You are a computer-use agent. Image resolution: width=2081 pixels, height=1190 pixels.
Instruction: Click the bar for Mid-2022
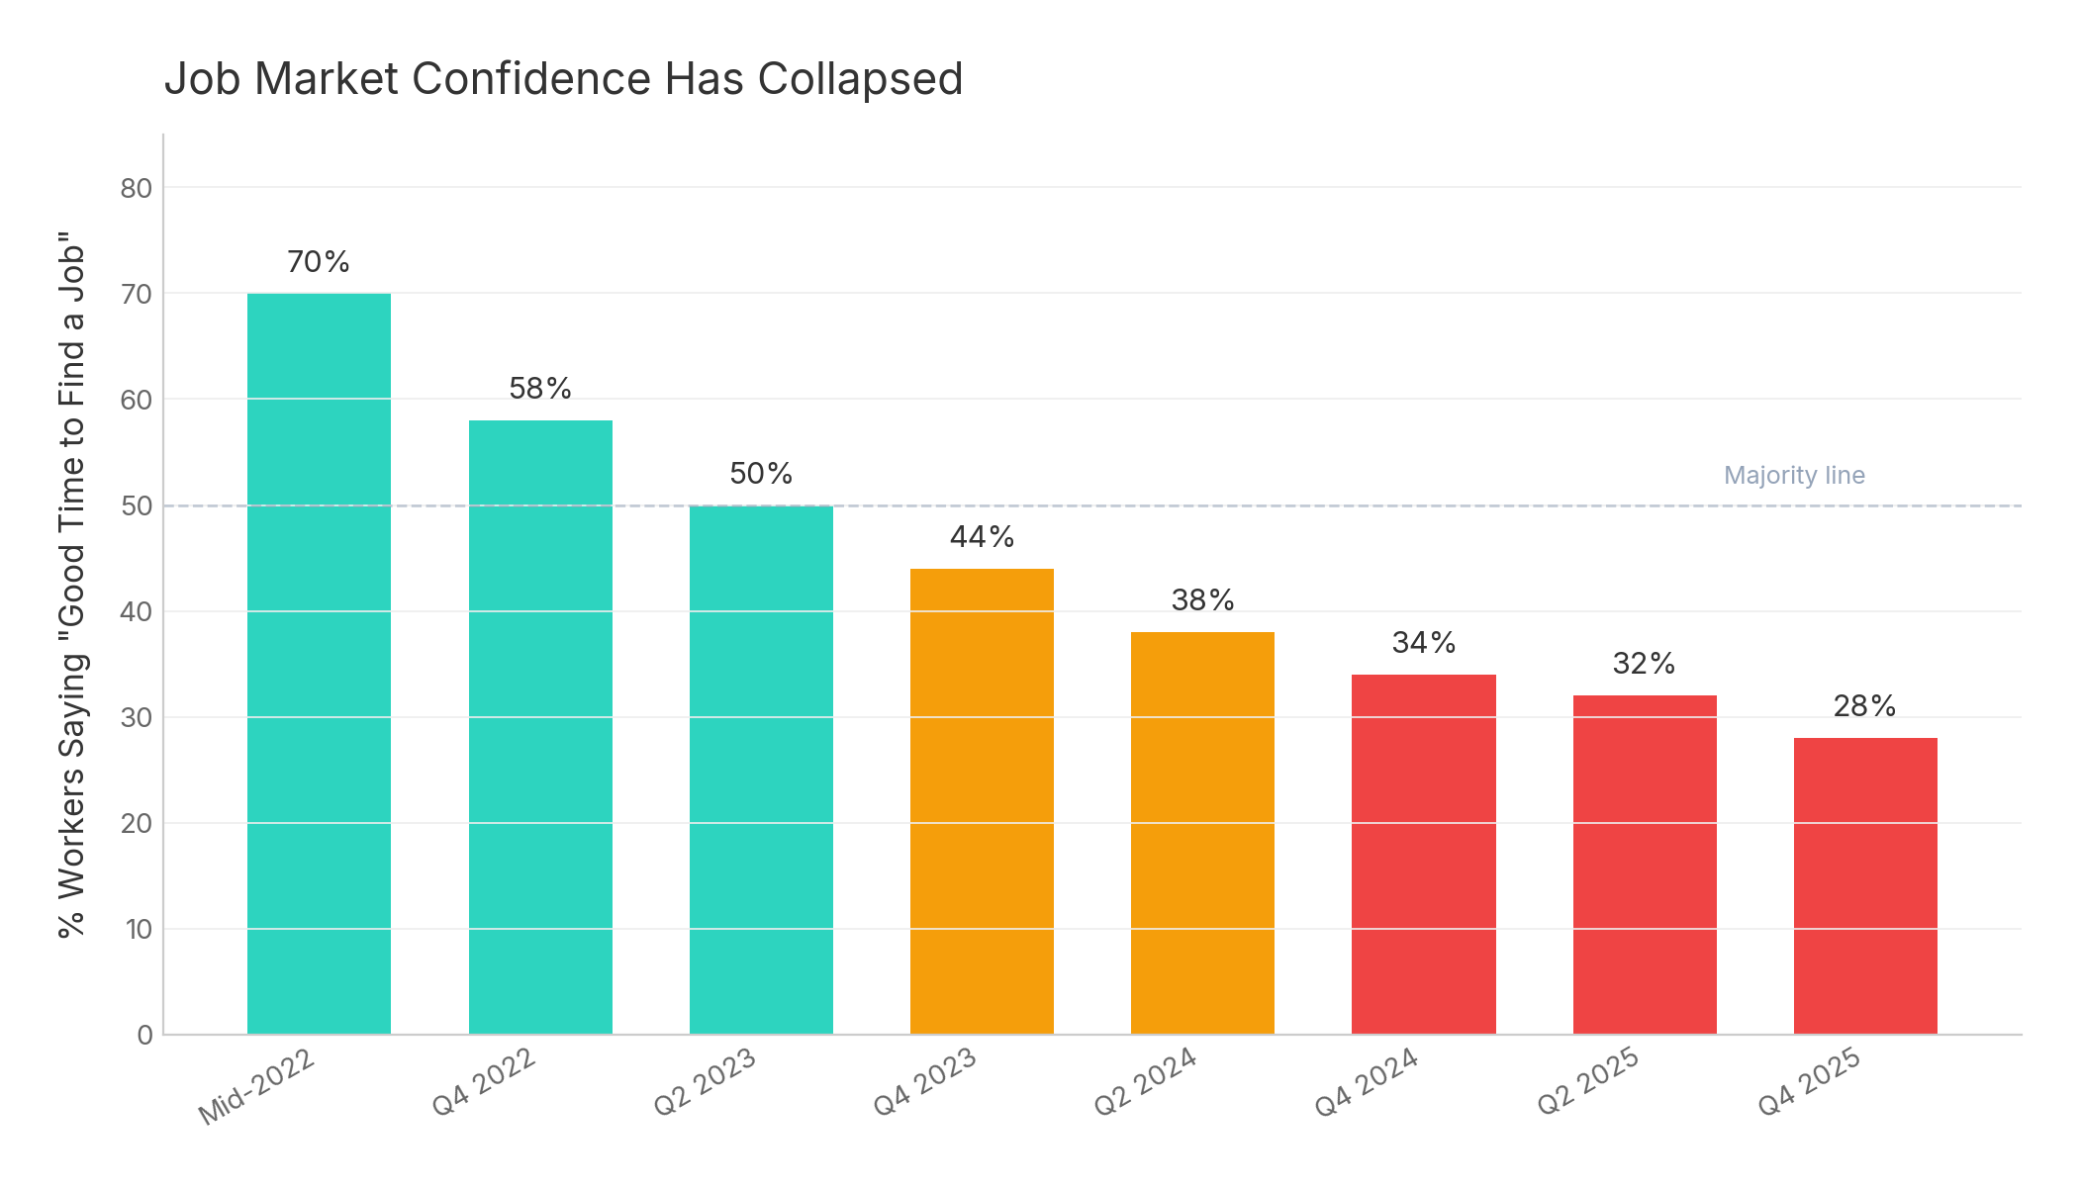coord(319,663)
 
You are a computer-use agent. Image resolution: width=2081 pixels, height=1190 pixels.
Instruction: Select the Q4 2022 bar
coord(540,727)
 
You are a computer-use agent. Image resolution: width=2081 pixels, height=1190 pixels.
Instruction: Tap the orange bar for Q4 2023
coord(982,801)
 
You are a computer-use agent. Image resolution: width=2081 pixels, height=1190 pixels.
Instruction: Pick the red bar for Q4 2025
coord(1865,885)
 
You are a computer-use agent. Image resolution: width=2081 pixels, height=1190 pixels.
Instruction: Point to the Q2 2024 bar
coord(1202,833)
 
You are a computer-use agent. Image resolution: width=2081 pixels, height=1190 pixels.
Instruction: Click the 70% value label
coord(319,262)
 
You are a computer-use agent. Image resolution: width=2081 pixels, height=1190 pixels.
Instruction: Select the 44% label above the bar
coord(982,537)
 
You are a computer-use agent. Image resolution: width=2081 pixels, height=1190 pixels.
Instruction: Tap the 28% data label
coord(1865,706)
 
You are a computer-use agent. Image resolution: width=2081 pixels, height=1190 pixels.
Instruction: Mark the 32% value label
coord(1644,664)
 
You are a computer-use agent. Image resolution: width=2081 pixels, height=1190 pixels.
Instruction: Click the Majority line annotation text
coord(1794,476)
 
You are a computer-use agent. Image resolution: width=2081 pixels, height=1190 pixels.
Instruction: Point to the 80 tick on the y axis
coord(137,188)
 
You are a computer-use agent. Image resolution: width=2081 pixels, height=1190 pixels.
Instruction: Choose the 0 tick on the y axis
coord(144,1035)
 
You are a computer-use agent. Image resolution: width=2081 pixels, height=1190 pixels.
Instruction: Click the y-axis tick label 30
coord(137,717)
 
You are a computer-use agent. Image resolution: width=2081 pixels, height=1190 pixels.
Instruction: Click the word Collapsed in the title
coord(860,79)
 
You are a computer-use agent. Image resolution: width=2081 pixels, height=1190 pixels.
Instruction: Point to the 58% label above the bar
coord(540,389)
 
